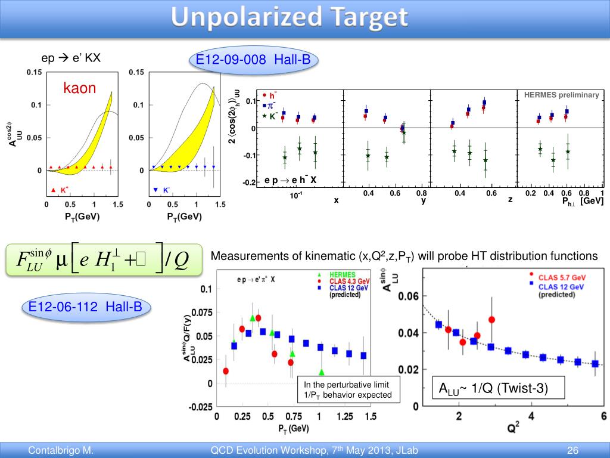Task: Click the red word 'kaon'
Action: [80, 89]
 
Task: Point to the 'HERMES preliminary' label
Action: [561, 95]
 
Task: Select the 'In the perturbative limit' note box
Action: [347, 389]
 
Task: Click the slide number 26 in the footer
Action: [573, 450]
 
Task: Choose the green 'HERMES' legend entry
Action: [341, 274]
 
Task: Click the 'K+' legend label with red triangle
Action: [61, 190]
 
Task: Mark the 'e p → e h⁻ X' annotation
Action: [290, 180]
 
